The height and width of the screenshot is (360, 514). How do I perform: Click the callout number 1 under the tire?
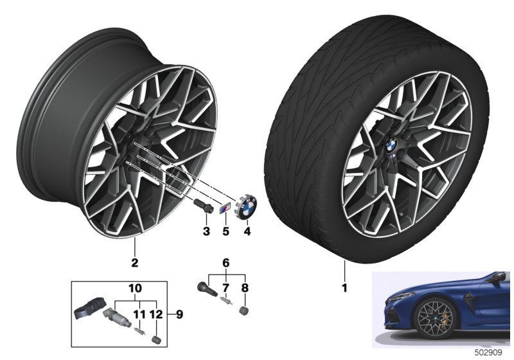coord(344,288)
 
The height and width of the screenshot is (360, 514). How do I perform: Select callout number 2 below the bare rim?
coord(134,263)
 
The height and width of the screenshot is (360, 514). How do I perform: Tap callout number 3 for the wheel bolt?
coord(206,231)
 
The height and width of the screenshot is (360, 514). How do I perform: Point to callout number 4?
coord(247,231)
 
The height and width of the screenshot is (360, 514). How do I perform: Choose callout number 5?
coord(226,231)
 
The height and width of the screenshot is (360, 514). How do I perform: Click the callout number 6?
coord(226,263)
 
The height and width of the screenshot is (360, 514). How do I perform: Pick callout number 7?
coord(226,288)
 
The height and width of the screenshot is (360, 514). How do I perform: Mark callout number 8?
coord(245,288)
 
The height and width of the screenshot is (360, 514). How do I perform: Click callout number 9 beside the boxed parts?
coord(179,314)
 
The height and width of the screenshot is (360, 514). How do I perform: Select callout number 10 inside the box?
coord(136,288)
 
